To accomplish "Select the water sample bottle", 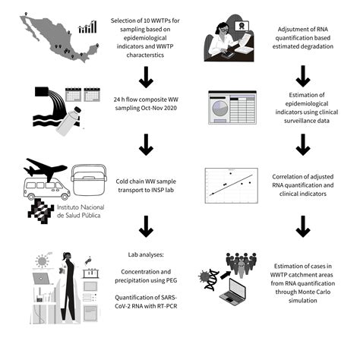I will (x=73, y=115).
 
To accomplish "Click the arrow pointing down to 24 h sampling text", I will (x=144, y=76).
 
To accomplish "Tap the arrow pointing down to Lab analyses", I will (x=144, y=226).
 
